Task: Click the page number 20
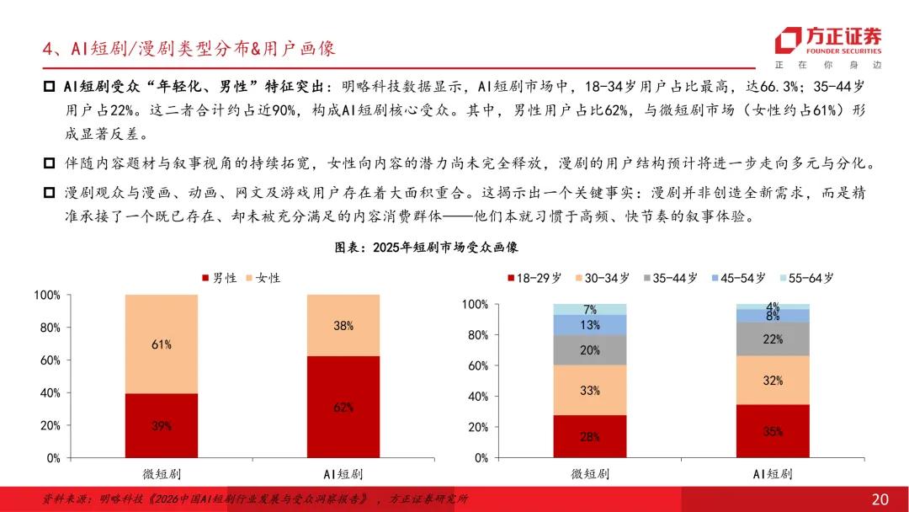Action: tap(880, 499)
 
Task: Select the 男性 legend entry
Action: tap(219, 279)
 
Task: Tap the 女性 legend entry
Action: tap(263, 279)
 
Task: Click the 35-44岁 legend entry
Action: tap(671, 279)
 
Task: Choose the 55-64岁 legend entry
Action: tap(807, 279)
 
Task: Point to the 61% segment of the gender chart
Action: tap(161, 344)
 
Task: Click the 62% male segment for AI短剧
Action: tap(343, 407)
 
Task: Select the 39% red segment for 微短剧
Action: tap(161, 425)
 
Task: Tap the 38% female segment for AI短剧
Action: tap(343, 325)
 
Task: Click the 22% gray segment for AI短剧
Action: tap(773, 339)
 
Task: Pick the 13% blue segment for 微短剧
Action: tap(589, 325)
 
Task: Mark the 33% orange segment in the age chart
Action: tap(589, 390)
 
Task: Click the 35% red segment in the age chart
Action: tap(773, 431)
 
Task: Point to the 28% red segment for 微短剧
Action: tap(589, 436)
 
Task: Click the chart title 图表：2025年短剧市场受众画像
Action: tap(426, 248)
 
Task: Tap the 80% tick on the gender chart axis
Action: tap(50, 328)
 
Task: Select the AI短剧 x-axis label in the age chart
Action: tap(773, 474)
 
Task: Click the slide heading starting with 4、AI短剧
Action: tap(189, 48)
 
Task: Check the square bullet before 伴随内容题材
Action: tap(50, 163)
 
